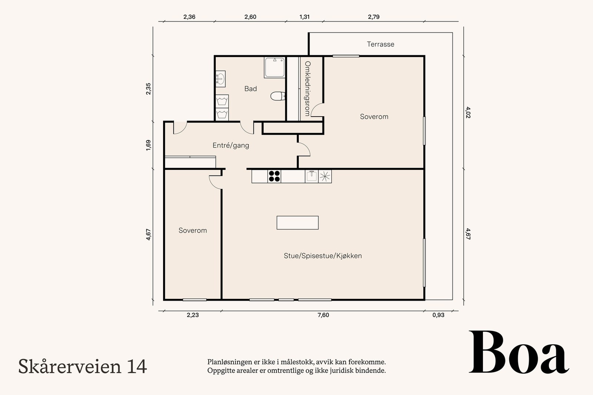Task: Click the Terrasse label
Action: coord(380,44)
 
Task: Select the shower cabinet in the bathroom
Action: coord(275,67)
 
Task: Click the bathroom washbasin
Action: coord(220,79)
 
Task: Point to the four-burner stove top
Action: coord(274,176)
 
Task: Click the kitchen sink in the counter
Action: coord(312,176)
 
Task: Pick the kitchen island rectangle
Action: coord(298,222)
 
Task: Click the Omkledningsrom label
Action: coord(307,88)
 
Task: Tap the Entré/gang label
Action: coord(231,145)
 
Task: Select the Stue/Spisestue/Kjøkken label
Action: coord(323,256)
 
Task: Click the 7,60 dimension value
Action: coord(323,315)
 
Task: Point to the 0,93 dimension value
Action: coord(438,315)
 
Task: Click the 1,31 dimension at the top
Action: coord(304,17)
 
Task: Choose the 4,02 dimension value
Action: coord(468,113)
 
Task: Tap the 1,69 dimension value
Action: coord(148,145)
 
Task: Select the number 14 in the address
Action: coord(137,366)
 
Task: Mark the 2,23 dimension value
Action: coord(193,315)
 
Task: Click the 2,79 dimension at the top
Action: coord(374,17)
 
